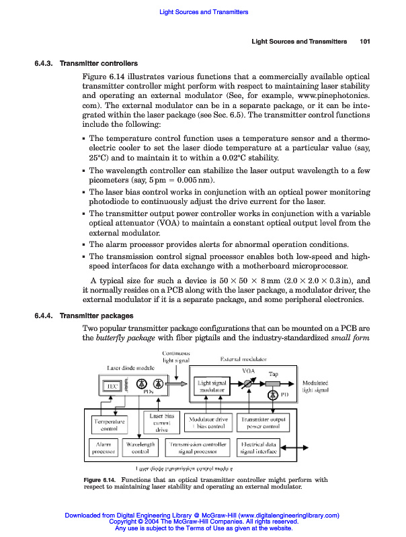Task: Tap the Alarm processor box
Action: pos(103,447)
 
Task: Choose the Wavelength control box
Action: pos(140,447)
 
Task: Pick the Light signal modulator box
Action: pos(212,386)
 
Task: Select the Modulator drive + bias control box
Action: pos(208,423)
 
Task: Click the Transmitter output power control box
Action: pos(263,423)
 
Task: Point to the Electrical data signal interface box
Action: pos(259,447)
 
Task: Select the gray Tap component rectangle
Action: pos(274,383)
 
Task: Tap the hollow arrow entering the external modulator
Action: pos(180,384)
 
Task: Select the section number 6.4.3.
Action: pos(45,64)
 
